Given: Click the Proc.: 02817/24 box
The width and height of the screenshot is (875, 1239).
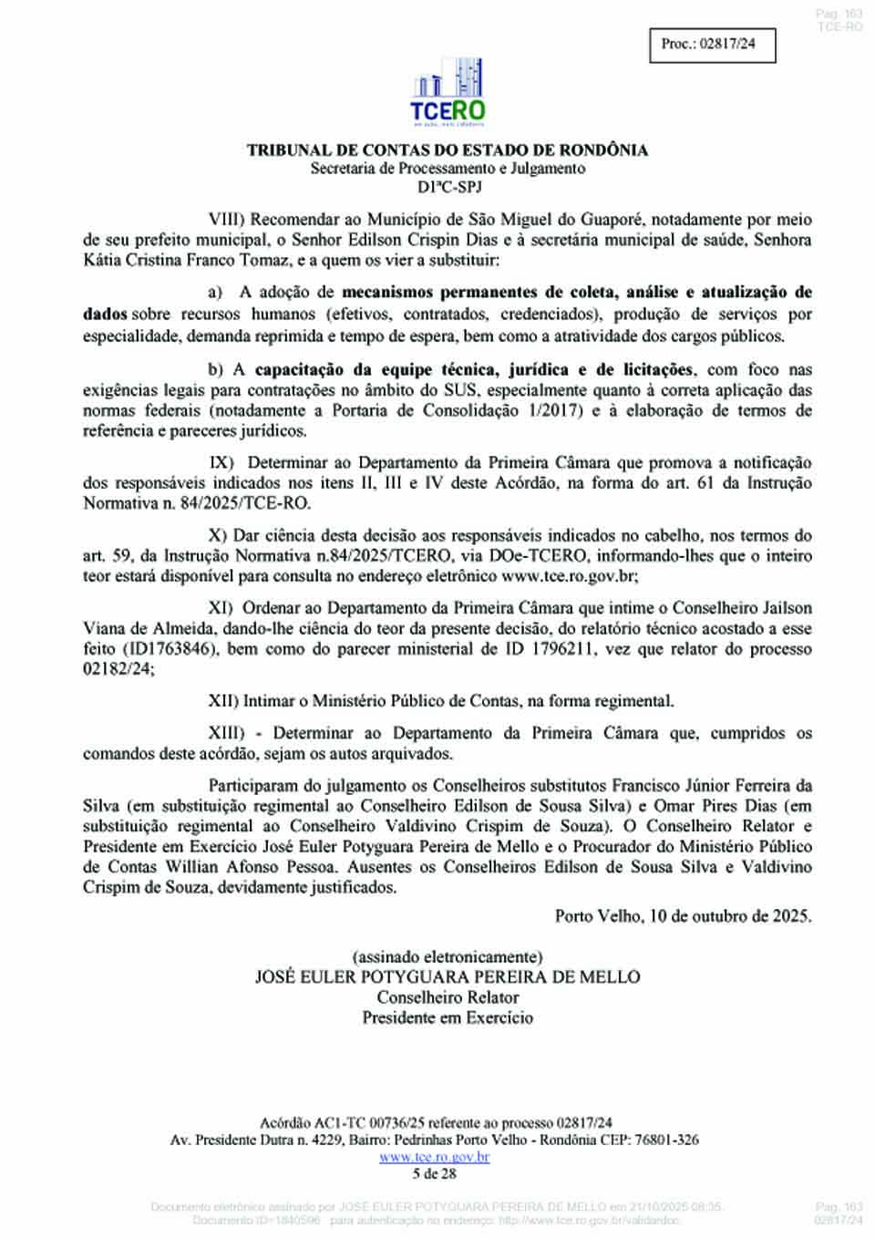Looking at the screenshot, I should pos(712,44).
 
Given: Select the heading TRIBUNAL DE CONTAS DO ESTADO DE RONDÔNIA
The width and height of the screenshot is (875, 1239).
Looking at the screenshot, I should pos(447,150).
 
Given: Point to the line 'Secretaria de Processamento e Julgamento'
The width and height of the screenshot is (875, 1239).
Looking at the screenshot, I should pos(447,169).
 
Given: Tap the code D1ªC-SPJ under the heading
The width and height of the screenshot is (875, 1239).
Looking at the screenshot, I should pos(447,187).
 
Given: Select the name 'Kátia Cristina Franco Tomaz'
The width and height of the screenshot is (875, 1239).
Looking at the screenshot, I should pos(183,261).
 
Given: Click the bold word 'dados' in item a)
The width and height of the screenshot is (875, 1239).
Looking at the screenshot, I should pos(105,315).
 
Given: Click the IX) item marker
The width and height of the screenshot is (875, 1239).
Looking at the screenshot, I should pos(221,463).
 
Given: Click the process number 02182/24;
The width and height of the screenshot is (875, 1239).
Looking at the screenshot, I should pos(118,669).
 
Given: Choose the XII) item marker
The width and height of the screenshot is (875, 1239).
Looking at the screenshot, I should pos(223,701).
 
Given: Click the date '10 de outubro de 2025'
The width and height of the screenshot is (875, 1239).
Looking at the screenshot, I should pos(730,916).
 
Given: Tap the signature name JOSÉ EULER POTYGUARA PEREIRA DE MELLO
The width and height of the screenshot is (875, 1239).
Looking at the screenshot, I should pos(447,977).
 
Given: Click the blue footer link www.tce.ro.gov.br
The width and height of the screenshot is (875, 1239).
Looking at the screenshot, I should pos(434,1157).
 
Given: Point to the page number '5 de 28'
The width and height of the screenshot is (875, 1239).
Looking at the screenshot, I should pos(434,1173).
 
